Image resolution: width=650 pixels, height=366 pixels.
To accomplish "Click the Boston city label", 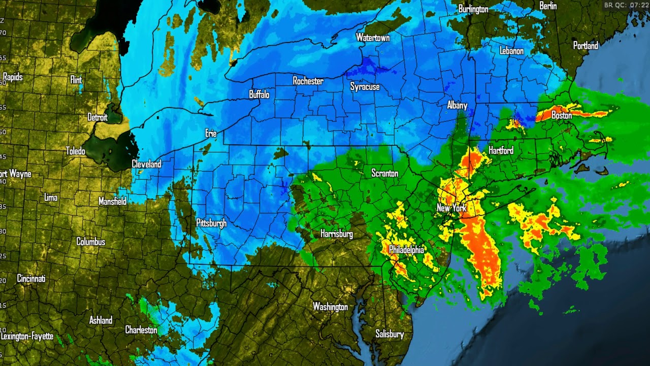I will pyautogui.click(x=562, y=116).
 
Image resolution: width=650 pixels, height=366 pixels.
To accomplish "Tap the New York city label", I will pyautogui.click(x=451, y=208).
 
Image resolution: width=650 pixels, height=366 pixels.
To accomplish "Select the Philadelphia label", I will pyautogui.click(x=406, y=250).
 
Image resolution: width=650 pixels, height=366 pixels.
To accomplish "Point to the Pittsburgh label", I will pyautogui.click(x=211, y=223).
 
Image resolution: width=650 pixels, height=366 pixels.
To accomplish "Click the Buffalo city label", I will pyautogui.click(x=259, y=95).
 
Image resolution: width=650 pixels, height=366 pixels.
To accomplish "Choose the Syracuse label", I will pyautogui.click(x=365, y=87).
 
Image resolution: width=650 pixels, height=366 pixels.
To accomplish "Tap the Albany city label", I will pyautogui.click(x=457, y=105).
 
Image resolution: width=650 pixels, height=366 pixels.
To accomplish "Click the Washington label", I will pyautogui.click(x=330, y=307).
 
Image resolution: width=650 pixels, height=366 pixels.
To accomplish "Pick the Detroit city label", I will pyautogui.click(x=97, y=117).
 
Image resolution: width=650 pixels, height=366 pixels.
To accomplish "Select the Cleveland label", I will pyautogui.click(x=146, y=164).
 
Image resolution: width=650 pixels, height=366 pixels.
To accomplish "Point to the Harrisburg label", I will pyautogui.click(x=336, y=234).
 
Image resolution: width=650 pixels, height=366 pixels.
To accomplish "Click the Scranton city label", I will pyautogui.click(x=384, y=173).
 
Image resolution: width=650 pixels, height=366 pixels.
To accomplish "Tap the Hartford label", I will pyautogui.click(x=501, y=150).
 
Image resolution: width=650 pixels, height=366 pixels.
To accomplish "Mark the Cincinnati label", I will pyautogui.click(x=31, y=279).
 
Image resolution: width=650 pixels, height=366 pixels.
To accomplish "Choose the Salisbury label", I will pyautogui.click(x=389, y=334).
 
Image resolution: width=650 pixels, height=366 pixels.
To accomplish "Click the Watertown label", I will pyautogui.click(x=373, y=38).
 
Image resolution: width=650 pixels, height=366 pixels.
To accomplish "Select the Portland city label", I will pyautogui.click(x=586, y=46).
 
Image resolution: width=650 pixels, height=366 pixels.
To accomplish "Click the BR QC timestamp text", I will pyautogui.click(x=626, y=5).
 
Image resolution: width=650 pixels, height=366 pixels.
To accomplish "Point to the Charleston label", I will pyautogui.click(x=141, y=330).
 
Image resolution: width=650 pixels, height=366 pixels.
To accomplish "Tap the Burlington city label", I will pyautogui.click(x=473, y=9).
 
